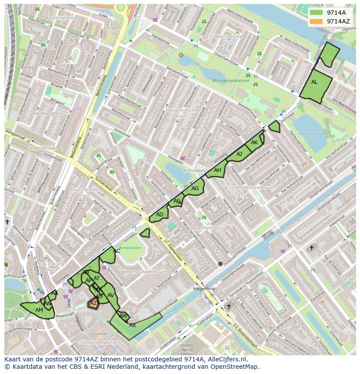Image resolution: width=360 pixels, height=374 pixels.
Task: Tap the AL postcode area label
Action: [x=314, y=82]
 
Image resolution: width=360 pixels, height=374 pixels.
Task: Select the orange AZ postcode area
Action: [x=93, y=304]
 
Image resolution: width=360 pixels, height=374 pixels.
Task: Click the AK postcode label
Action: [x=254, y=142]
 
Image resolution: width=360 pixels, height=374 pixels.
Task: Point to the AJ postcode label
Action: [x=239, y=154]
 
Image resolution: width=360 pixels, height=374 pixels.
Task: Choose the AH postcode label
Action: [x=217, y=170]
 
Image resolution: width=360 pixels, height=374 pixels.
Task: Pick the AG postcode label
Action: [x=195, y=188]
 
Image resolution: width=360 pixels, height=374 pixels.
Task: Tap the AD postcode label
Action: [x=160, y=215]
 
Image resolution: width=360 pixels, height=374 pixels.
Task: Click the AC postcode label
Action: [x=117, y=251]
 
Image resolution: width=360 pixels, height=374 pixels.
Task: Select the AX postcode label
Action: [x=133, y=325]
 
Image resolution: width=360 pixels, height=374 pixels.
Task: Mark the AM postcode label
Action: [x=39, y=310]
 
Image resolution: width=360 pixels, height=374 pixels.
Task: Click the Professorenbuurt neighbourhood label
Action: [x=255, y=188]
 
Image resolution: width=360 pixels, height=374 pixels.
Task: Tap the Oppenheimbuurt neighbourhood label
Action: [x=207, y=228]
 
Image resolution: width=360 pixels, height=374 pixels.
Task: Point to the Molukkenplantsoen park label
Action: [x=231, y=80]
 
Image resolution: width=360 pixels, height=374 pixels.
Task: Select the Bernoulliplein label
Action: [x=130, y=248]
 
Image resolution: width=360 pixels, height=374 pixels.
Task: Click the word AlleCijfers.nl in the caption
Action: [x=227, y=359]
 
